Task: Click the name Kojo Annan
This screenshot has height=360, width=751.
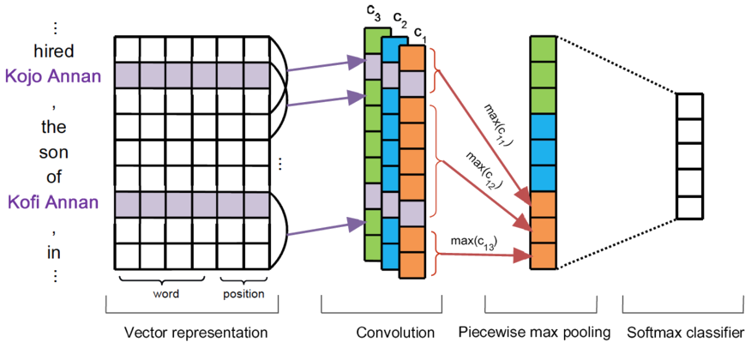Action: point(52,76)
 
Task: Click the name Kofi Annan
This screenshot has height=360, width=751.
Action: point(52,202)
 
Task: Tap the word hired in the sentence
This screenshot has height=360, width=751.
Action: point(52,51)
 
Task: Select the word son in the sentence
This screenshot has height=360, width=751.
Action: point(53,153)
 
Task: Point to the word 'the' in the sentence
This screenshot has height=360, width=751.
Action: point(53,128)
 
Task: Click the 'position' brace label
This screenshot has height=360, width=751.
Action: point(244,294)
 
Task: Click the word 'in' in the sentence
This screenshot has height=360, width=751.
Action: point(53,254)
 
